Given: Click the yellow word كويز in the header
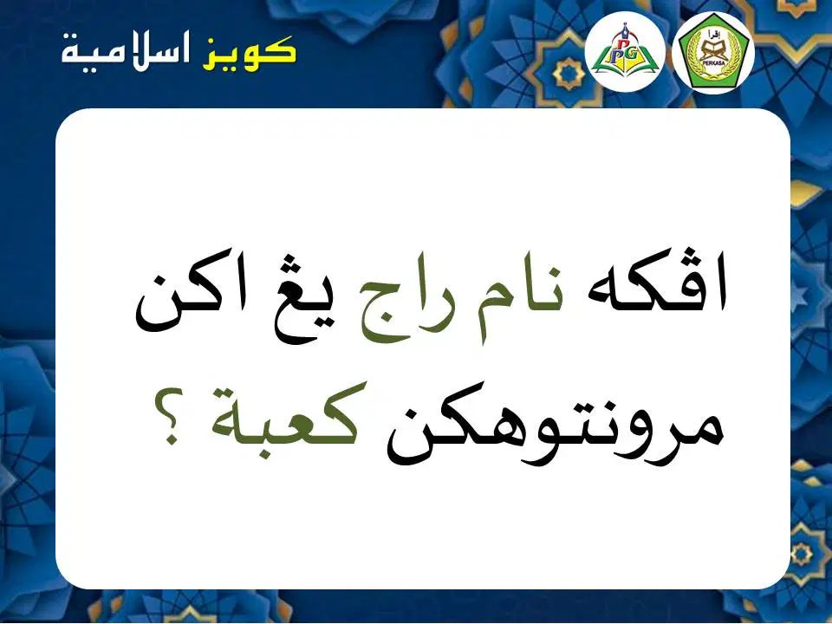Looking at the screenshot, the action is [250, 53].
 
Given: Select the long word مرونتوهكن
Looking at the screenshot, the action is [555, 431].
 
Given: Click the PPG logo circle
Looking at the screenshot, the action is [625, 53].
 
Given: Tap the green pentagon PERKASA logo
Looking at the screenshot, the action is [713, 53].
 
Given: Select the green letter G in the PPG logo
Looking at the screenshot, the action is [636, 55].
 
